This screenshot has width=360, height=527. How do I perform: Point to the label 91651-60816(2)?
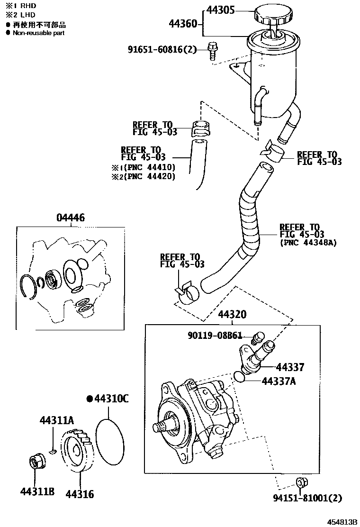(x=162, y=49)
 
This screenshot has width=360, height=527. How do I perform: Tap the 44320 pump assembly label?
(x=232, y=315)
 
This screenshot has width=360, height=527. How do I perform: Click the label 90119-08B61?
(x=215, y=336)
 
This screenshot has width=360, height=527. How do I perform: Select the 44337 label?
(x=290, y=367)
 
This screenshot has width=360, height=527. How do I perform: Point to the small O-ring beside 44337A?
(x=240, y=377)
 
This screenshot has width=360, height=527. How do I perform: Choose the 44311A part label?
(x=57, y=420)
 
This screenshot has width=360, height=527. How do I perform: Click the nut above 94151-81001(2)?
(x=300, y=483)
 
